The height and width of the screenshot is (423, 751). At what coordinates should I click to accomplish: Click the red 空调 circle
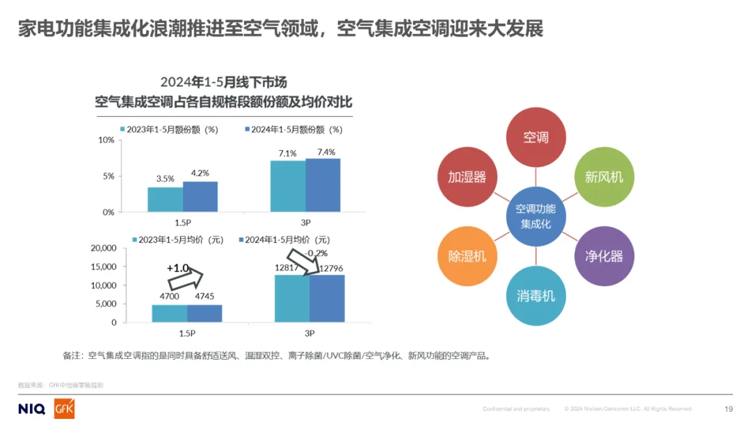pyautogui.click(x=535, y=137)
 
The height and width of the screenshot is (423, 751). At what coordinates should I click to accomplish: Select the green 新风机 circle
pyautogui.click(x=604, y=177)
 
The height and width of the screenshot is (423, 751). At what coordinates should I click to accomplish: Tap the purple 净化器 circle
pyautogui.click(x=604, y=255)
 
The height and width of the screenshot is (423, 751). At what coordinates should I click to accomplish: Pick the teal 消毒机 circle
pyautogui.click(x=535, y=296)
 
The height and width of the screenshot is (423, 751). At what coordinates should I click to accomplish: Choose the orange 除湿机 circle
pyautogui.click(x=467, y=255)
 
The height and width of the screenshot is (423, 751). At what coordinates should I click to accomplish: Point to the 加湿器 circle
pyautogui.click(x=467, y=177)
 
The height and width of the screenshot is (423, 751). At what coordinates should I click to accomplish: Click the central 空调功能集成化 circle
pyautogui.click(x=535, y=216)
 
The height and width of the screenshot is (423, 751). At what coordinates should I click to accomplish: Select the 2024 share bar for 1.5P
pyautogui.click(x=200, y=197)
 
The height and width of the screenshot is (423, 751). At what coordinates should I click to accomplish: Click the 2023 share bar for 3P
pyautogui.click(x=288, y=186)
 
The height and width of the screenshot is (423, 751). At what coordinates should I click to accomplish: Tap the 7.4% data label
pyautogui.click(x=325, y=152)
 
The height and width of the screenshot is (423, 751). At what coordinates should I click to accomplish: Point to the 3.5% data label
pyautogui.click(x=165, y=179)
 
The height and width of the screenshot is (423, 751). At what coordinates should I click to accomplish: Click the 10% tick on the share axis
pyautogui.click(x=106, y=141)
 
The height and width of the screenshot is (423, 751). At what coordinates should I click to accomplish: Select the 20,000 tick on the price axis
pyautogui.click(x=104, y=248)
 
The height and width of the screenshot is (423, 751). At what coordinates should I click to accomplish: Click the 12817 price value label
pyautogui.click(x=287, y=269)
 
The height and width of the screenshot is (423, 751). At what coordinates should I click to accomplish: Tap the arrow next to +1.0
pyautogui.click(x=186, y=280)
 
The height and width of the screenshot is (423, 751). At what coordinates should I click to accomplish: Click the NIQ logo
pyautogui.click(x=31, y=408)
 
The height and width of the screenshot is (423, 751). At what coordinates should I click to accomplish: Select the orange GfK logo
pyautogui.click(x=64, y=409)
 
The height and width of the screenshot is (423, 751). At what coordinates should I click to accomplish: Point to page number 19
pyautogui.click(x=729, y=409)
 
